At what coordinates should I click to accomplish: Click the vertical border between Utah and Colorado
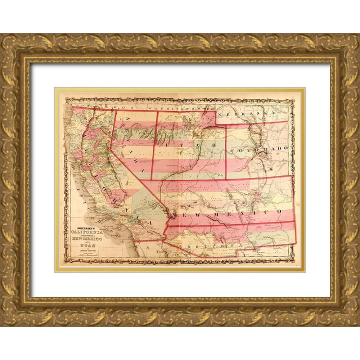[x=226, y=151]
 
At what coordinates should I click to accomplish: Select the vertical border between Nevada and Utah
[x=153, y=144]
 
